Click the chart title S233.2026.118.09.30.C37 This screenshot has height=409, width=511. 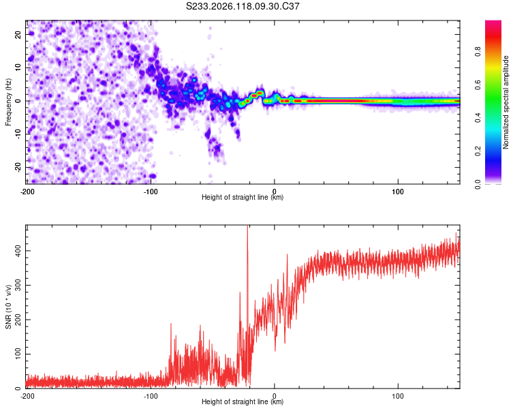pos(243,6)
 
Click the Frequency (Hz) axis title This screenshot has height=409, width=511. pos(8,102)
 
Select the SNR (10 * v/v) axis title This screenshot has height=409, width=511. pos(8,307)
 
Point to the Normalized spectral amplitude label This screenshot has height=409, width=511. pos(506,102)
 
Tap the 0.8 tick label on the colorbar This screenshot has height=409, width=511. pos(478,52)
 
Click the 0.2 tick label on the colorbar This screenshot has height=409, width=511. pos(478,151)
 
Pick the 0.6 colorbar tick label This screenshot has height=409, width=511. pos(478,85)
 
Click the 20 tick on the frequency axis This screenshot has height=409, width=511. pos(18,34)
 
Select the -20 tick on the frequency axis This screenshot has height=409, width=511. pos(18,167)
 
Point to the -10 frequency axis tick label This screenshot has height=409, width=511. pos(18,134)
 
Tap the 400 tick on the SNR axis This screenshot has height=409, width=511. pos(18,250)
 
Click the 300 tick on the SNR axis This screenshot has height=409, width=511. pos(18,285)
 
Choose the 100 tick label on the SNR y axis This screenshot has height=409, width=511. pos(18,354)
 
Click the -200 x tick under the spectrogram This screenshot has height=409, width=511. pos(27,192)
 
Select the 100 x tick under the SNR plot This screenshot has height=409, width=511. pos(398,396)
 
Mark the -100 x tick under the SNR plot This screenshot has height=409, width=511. pos(151,396)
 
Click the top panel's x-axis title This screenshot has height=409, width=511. pos(243,197)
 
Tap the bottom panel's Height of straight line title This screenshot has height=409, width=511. pos(243,402)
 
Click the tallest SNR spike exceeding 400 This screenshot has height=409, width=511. pos(247,228)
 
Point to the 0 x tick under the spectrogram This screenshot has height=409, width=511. pos(275,192)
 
